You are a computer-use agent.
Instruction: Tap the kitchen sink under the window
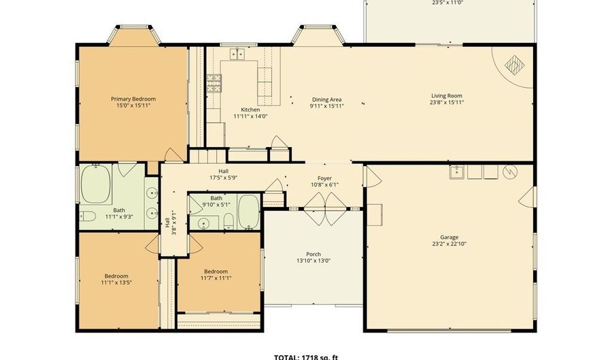(x=237, y=53)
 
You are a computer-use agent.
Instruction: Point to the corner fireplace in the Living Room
(x=514, y=65)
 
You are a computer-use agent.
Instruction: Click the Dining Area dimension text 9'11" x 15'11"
(x=326, y=106)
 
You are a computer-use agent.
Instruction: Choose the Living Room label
(x=447, y=96)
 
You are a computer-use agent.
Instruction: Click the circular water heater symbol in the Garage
(x=509, y=172)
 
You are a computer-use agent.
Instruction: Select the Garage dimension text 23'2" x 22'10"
(x=449, y=244)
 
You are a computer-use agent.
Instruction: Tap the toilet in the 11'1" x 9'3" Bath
(x=86, y=216)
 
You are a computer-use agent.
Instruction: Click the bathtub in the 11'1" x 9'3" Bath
(x=96, y=186)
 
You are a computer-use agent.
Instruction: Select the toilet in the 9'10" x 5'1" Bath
(x=229, y=220)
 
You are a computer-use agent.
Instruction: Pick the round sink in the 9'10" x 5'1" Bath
(x=203, y=223)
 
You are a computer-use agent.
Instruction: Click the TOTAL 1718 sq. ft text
(x=305, y=357)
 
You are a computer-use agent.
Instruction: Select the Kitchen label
(x=250, y=110)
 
